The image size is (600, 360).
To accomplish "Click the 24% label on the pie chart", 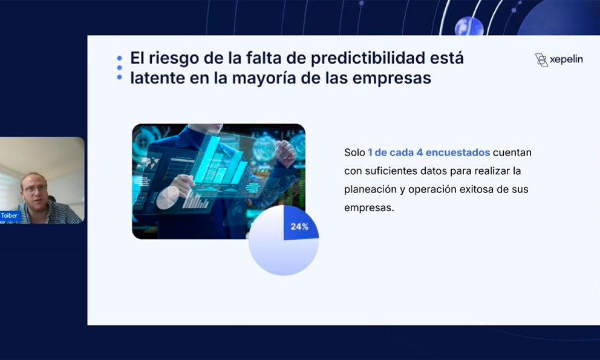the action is tap(299, 226).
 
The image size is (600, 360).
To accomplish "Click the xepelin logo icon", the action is tap(541, 60).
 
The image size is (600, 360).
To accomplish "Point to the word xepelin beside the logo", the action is tap(566, 59).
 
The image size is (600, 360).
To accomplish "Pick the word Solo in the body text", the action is tap(354, 152).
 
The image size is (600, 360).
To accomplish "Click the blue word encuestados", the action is tap(458, 152).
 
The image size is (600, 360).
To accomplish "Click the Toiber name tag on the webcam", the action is tap(10, 215).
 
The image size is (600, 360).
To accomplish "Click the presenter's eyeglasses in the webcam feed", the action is tap(35, 189).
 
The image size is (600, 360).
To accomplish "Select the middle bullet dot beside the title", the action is tap(119, 68).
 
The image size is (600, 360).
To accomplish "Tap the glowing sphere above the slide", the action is tap(469, 27).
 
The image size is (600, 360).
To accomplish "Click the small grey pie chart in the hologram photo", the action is tap(168, 197).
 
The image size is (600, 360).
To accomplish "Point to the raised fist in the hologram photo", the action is tap(286, 153).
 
